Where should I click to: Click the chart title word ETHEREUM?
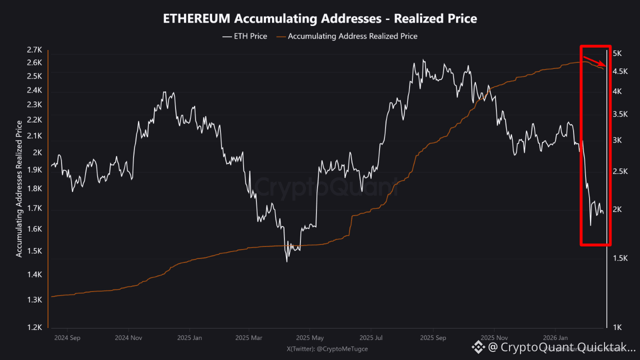pos(196,18)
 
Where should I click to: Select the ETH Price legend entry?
pos(250,36)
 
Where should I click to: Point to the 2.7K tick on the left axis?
pos(34,50)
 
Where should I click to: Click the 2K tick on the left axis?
pos(37,153)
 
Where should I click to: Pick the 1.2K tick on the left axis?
pos(34,327)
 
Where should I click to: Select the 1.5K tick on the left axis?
pos(34,251)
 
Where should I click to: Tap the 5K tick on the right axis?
pos(616,53)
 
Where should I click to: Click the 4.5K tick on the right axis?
pos(619,71)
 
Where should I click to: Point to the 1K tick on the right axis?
pos(616,327)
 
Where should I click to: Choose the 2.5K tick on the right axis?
pos(619,171)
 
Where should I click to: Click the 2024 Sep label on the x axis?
pos(67,337)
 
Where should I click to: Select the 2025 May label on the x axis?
pos(309,337)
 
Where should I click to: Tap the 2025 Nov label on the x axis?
pos(494,337)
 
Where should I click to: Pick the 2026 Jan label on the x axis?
pos(555,337)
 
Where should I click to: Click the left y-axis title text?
pos(19,189)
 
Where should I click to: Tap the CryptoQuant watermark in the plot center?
pos(320,187)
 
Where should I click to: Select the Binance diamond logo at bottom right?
pos(478,347)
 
